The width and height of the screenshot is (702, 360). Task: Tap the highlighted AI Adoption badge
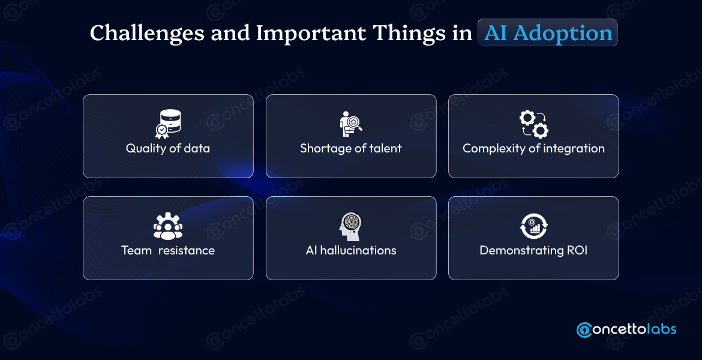[548, 34]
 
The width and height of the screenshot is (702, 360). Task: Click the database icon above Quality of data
[167, 124]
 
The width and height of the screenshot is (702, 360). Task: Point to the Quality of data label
[168, 148]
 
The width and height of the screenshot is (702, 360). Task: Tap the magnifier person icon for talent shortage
[351, 124]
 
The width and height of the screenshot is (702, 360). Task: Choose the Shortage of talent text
[351, 148]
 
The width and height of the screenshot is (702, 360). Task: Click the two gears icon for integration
[533, 124]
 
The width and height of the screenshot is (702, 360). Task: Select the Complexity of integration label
[533, 148]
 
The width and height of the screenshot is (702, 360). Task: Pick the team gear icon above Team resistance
[168, 226]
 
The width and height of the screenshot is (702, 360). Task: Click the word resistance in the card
[187, 250]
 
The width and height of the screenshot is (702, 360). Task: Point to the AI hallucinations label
[351, 250]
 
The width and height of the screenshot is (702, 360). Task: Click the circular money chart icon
[533, 226]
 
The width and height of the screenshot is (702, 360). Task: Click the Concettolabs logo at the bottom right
[626, 329]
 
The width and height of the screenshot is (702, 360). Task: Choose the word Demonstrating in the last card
[520, 250]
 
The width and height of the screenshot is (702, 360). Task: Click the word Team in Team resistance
[136, 250]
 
